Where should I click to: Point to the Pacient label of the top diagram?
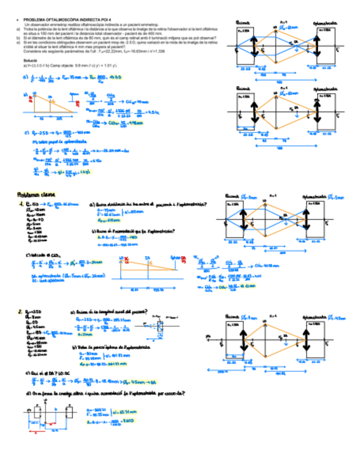coord(241,22)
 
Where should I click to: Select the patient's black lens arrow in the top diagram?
coord(255,47)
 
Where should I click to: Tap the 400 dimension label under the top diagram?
coord(279,78)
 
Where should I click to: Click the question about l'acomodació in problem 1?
coord(134,231)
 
